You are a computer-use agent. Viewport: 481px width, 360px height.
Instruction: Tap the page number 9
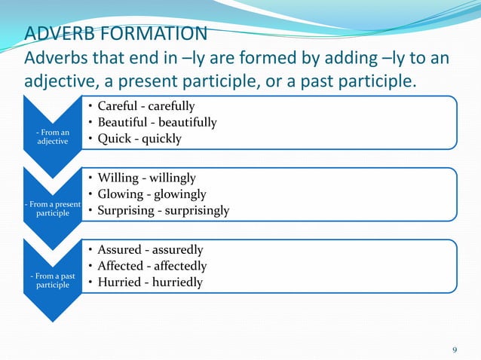pyautogui.click(x=454, y=349)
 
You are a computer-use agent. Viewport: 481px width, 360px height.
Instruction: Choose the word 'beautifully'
pyautogui.click(x=185, y=122)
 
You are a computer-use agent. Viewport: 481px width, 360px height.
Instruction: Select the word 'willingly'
pyautogui.click(x=170, y=178)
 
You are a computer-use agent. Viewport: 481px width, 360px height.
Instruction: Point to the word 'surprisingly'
pyautogui.click(x=194, y=211)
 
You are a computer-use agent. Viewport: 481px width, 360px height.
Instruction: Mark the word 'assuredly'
pyautogui.click(x=176, y=249)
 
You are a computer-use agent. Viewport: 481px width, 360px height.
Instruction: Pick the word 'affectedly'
pyautogui.click(x=179, y=266)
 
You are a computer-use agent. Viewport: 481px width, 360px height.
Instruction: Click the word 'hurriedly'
pyautogui.click(x=176, y=282)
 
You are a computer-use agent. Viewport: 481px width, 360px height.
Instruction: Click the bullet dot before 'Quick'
pyautogui.click(x=90, y=139)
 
